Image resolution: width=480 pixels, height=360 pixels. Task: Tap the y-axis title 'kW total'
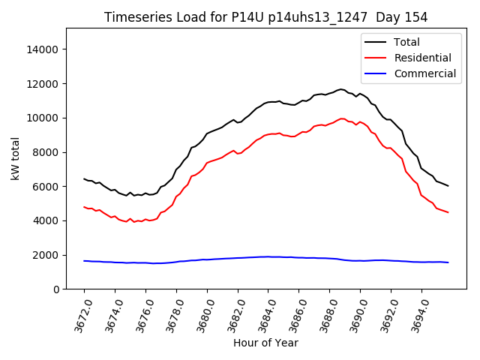16,158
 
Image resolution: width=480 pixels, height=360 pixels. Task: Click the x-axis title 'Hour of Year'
265,343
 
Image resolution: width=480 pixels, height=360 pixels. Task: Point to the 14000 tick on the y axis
43,49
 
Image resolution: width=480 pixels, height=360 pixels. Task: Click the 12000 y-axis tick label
43,84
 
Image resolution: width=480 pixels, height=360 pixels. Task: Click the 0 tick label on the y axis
55,289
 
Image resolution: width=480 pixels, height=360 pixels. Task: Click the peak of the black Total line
341,89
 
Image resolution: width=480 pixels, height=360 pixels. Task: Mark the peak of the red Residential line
342,118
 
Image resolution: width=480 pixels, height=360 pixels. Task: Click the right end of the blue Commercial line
448,262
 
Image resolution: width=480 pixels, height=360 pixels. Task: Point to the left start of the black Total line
84,178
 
